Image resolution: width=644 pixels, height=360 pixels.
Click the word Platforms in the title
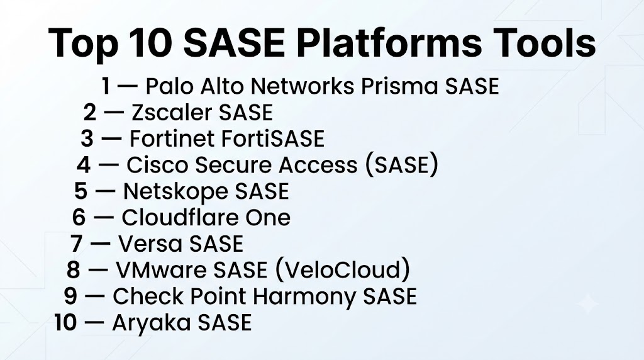tap(389, 43)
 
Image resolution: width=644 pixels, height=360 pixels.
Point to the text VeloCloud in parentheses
tap(341, 270)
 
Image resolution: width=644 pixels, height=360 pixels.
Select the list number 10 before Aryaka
tap(65, 323)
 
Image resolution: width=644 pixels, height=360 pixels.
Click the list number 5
tap(81, 191)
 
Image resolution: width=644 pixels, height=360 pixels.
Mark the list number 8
tap(74, 271)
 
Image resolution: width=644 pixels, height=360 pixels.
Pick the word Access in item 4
tap(318, 165)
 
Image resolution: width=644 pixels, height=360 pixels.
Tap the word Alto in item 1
tap(223, 86)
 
